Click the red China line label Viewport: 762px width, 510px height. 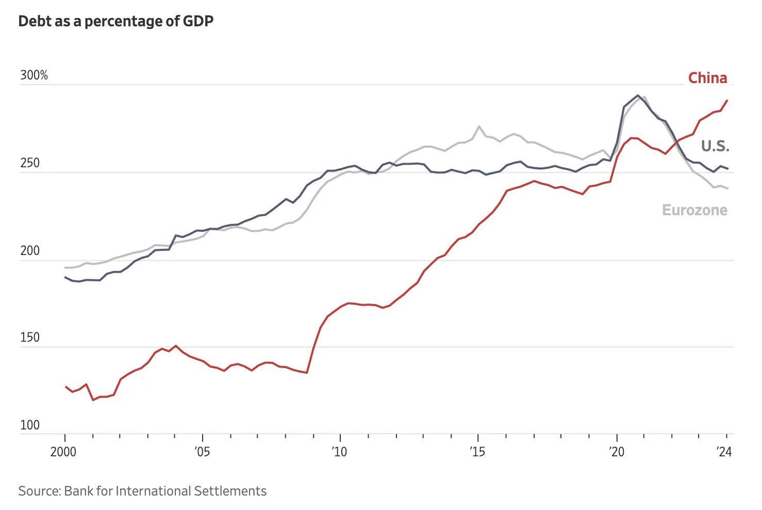coord(707,78)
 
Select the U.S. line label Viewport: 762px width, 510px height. coord(715,147)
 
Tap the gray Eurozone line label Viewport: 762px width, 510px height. coord(694,210)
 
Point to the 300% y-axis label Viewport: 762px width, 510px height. coord(34,76)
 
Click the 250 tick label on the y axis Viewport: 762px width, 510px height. coord(30,164)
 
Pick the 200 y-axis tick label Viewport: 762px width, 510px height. coord(30,251)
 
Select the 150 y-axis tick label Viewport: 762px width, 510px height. coord(30,338)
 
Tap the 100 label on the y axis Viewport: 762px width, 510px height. coord(30,425)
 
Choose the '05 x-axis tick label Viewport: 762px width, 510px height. coord(202,452)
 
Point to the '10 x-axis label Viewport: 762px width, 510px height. coord(339,452)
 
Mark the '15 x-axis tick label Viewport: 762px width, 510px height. coord(477,452)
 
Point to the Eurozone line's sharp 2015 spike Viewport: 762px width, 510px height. coord(479,126)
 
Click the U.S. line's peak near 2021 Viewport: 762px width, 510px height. coord(638,95)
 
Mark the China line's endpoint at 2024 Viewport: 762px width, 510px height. coord(727,101)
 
